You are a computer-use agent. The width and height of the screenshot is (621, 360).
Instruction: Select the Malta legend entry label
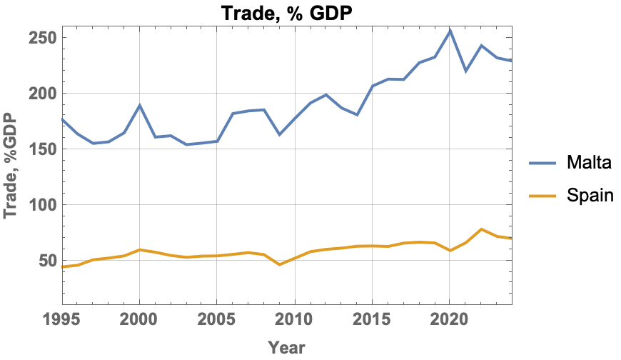click(x=589, y=163)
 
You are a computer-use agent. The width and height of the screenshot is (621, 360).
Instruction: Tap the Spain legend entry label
click(x=590, y=194)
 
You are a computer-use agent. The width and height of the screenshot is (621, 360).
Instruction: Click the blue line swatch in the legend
click(x=543, y=163)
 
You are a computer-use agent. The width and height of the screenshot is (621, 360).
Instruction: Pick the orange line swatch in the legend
click(x=543, y=194)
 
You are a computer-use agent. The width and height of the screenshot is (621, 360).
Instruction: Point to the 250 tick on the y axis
click(x=41, y=38)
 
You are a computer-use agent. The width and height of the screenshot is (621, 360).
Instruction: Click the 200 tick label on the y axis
click(x=41, y=94)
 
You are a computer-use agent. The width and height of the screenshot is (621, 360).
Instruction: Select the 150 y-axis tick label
click(x=41, y=149)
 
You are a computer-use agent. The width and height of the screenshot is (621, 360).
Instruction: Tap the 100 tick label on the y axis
click(x=41, y=205)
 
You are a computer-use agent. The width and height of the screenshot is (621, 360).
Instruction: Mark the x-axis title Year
click(x=287, y=348)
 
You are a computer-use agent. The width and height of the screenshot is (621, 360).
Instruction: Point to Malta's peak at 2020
click(x=450, y=31)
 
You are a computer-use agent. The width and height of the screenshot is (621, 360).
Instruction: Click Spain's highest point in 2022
click(x=482, y=229)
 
